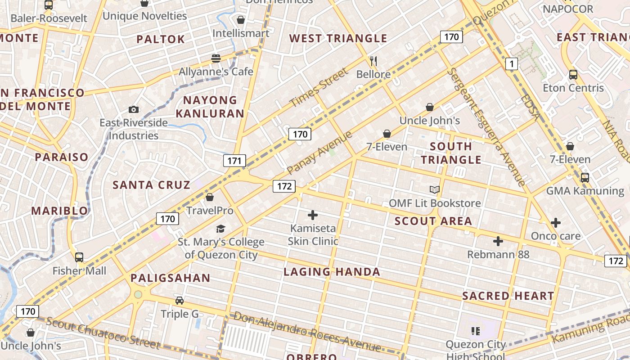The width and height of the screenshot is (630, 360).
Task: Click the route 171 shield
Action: [x=234, y=161]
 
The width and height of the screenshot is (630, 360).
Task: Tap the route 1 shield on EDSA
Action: [x=511, y=64]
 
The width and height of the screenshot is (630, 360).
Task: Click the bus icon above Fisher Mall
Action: [x=79, y=257]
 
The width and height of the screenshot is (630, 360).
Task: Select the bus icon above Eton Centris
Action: [x=573, y=75]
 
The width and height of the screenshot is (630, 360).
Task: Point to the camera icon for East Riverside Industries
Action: [x=133, y=109]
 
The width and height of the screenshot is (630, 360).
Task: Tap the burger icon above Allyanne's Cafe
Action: [x=216, y=58]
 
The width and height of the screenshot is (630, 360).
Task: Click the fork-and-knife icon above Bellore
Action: [x=373, y=61]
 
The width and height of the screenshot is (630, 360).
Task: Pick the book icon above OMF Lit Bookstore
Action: [x=434, y=190]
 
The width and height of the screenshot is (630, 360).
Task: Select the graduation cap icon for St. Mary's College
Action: [x=220, y=229]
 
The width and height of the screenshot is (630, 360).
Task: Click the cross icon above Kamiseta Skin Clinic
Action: [x=313, y=215]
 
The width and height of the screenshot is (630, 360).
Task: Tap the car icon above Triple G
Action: [x=180, y=301]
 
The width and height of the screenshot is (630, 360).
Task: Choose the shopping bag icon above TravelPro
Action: [x=210, y=197]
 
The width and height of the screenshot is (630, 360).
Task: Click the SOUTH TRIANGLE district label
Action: [x=451, y=153]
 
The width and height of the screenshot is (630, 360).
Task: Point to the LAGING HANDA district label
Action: [x=332, y=272]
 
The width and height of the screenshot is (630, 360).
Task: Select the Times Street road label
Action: [x=319, y=87]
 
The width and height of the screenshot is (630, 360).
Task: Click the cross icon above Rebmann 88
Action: [x=498, y=241]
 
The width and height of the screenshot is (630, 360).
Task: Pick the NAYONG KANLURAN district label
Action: [x=210, y=107]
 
